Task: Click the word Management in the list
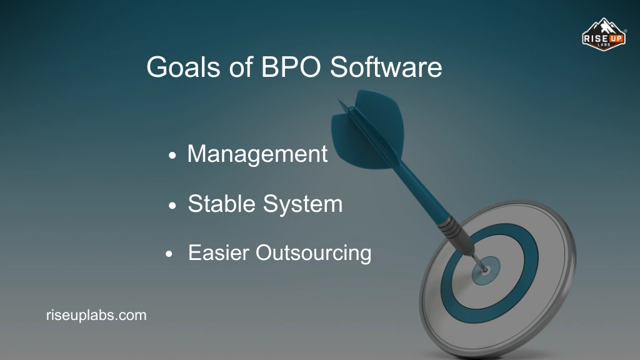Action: click(257, 154)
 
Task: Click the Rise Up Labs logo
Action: click(604, 37)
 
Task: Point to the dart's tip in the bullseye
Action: click(485, 269)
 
